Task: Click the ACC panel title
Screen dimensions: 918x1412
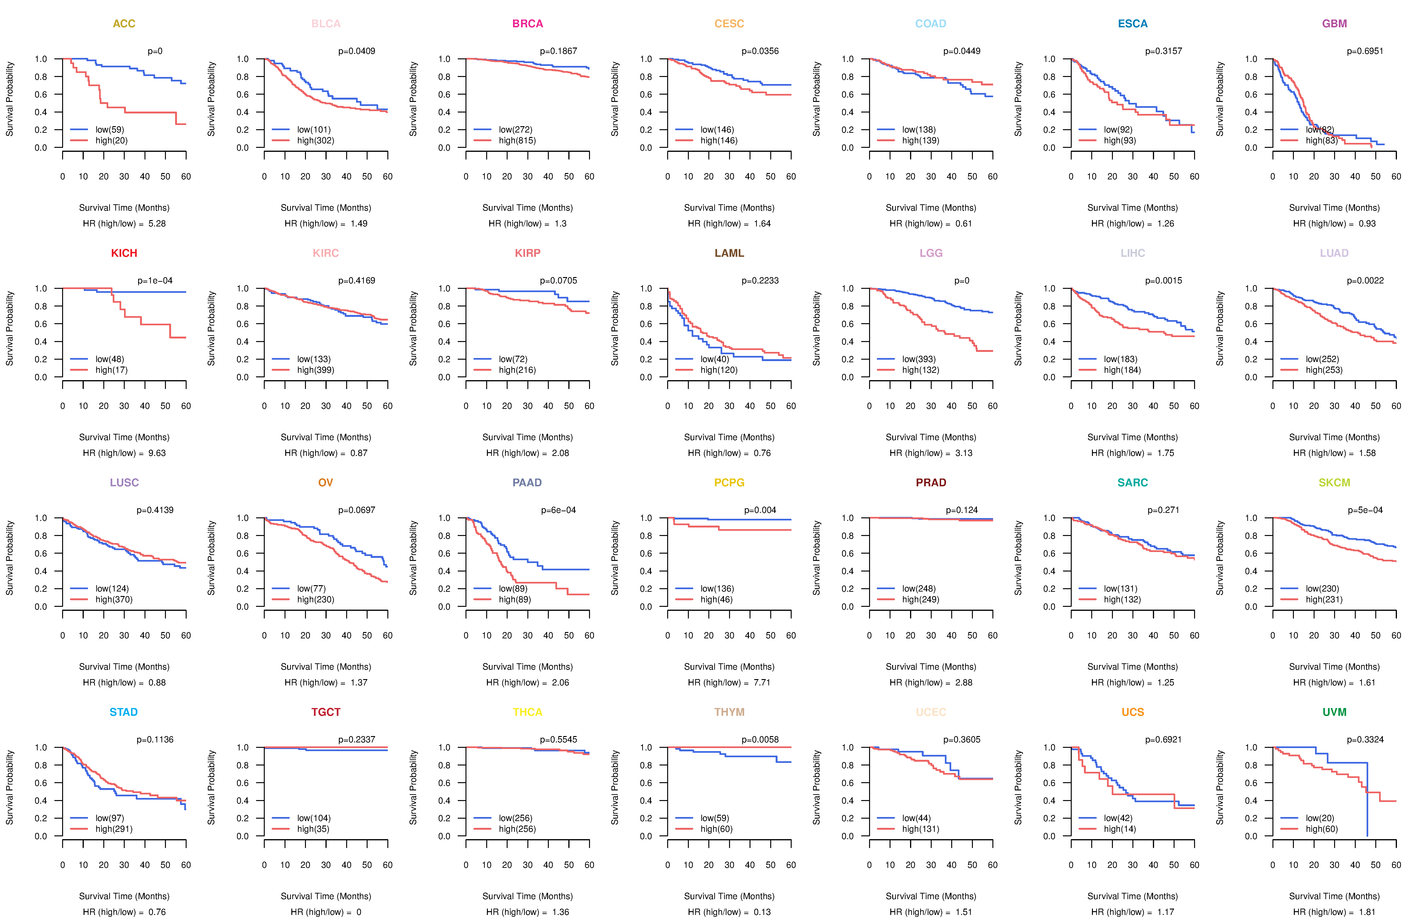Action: (x=124, y=24)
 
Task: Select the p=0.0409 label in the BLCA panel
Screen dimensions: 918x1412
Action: (x=357, y=51)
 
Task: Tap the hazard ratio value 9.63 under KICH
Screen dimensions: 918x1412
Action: (x=157, y=453)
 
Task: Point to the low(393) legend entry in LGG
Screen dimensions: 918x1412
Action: (x=919, y=359)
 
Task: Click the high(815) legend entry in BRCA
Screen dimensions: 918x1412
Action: (x=517, y=141)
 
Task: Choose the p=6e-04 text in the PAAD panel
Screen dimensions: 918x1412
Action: (x=558, y=510)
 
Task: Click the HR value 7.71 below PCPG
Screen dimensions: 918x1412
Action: (x=762, y=682)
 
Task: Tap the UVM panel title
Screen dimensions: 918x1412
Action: (x=1334, y=712)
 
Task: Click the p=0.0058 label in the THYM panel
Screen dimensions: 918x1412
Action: (x=760, y=739)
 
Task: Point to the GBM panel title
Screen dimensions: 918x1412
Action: (x=1334, y=24)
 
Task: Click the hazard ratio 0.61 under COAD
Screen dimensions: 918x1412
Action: (x=963, y=224)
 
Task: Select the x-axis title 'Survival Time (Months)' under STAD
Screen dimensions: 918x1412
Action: (x=124, y=896)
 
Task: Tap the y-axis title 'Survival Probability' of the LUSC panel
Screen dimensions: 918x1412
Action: (x=9, y=558)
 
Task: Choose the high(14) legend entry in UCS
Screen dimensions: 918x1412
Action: (x=1119, y=829)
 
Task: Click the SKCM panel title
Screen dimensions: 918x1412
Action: (x=1334, y=483)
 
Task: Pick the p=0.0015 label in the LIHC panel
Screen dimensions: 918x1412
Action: (x=1163, y=281)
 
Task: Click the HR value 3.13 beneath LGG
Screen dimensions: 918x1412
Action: (x=963, y=453)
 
